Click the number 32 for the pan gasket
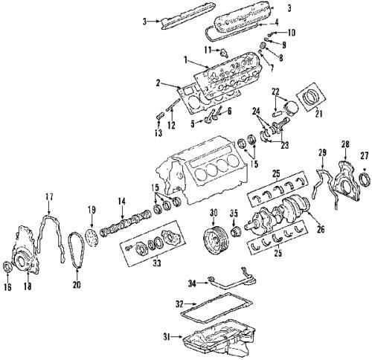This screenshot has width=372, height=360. [179, 306]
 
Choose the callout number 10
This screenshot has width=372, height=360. [291, 32]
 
